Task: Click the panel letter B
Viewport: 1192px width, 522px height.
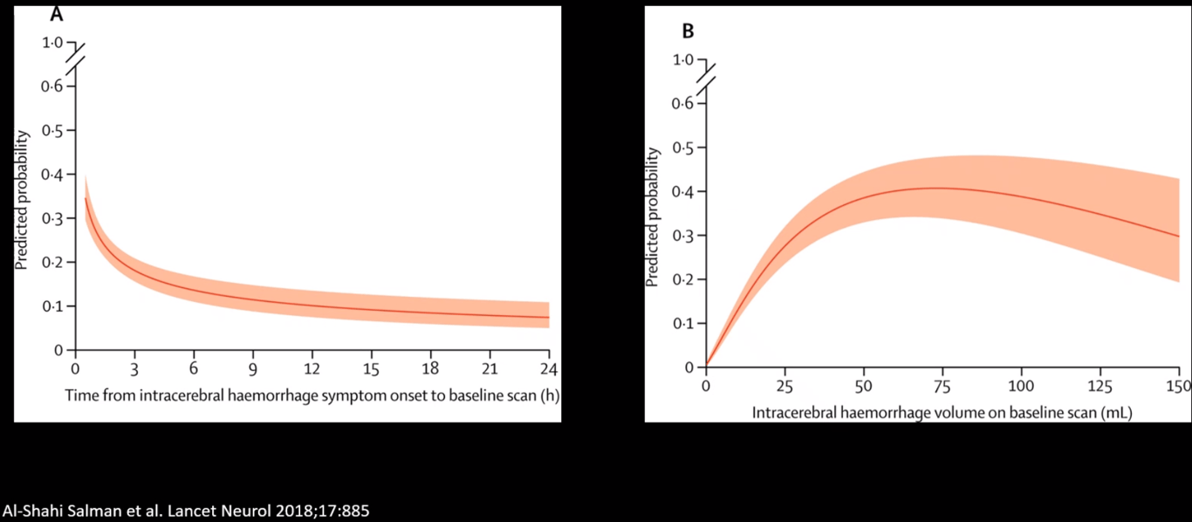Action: coord(688,31)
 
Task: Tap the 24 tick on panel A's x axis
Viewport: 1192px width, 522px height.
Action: coord(549,367)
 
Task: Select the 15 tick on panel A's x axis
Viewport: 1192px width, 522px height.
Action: coord(372,367)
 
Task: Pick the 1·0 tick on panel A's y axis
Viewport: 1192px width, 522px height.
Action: coord(52,43)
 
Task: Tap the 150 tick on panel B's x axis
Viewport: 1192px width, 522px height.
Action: coord(1179,385)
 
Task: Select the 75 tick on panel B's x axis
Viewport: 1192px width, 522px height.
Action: coord(942,385)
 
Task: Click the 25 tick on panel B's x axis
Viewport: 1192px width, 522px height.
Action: coord(784,385)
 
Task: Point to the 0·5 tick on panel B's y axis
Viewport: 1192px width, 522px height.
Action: coord(682,148)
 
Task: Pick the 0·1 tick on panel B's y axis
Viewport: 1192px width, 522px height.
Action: coord(682,323)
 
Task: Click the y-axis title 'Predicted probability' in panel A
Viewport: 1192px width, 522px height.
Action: coord(23,198)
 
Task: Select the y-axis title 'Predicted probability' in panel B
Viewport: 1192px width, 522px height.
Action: coord(653,217)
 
